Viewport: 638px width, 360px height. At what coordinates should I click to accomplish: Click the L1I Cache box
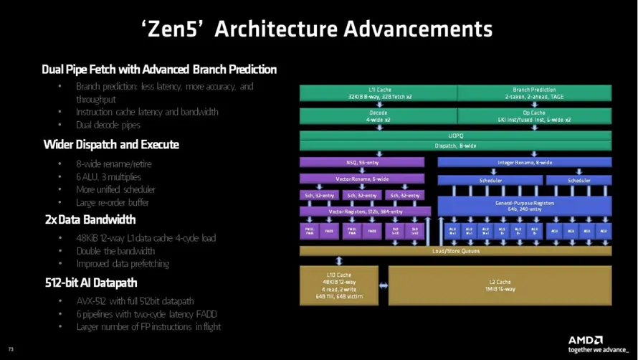(378, 93)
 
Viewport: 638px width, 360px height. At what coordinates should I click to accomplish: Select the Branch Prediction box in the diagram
(534, 93)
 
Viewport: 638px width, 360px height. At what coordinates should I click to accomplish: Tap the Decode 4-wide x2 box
(378, 116)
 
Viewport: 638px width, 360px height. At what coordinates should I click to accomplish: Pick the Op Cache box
(534, 116)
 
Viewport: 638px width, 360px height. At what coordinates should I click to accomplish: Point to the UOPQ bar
(455, 135)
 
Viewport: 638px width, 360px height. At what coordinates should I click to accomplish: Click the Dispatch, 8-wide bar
(455, 146)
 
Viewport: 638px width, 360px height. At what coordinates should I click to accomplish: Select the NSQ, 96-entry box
(361, 162)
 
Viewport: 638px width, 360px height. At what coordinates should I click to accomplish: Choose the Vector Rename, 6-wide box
(361, 179)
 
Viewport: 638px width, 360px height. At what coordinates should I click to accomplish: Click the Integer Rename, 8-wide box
(525, 162)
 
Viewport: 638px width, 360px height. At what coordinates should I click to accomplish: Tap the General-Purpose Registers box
(525, 206)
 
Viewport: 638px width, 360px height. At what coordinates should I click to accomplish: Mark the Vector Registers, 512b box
(365, 212)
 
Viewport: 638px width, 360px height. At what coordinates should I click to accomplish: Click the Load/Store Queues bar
(455, 251)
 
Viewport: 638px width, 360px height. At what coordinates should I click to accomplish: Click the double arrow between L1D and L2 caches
(383, 285)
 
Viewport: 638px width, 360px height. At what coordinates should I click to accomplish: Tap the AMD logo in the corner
(586, 340)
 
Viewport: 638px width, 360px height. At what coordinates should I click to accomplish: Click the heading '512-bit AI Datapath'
(90, 283)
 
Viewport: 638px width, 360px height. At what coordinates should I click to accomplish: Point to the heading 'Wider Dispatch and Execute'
(111, 145)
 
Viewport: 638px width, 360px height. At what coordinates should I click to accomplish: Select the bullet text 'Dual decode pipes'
(108, 125)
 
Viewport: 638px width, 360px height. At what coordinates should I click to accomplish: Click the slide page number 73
(11, 349)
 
